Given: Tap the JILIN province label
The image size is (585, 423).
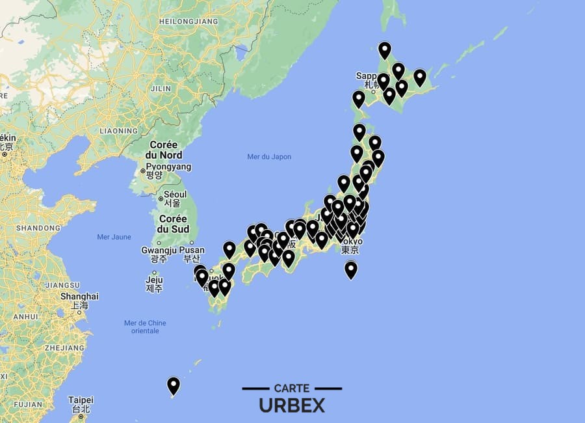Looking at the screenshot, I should pyautogui.click(x=161, y=89).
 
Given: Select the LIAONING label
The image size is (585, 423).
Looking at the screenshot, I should pyautogui.click(x=119, y=131).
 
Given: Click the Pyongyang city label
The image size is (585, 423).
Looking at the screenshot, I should pyautogui.click(x=168, y=167).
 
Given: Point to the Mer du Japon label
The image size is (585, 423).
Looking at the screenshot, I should pyautogui.click(x=269, y=157).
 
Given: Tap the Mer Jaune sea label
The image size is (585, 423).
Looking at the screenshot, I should pyautogui.click(x=114, y=237).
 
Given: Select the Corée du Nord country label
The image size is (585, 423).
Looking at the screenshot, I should pyautogui.click(x=165, y=150).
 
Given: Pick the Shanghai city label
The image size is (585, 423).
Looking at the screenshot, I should pyautogui.click(x=79, y=296).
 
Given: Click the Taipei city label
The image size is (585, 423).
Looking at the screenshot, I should pyautogui.click(x=81, y=400).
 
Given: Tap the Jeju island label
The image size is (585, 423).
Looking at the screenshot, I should pyautogui.click(x=153, y=280).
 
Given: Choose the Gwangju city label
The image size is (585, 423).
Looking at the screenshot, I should pyautogui.click(x=159, y=251).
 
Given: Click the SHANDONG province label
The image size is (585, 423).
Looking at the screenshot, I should pyautogui.click(x=38, y=228).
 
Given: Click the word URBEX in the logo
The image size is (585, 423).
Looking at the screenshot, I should pyautogui.click(x=292, y=405).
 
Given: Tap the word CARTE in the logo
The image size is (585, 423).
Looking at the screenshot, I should pyautogui.click(x=292, y=388).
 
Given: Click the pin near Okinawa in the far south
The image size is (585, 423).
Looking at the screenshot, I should pyautogui.click(x=174, y=385).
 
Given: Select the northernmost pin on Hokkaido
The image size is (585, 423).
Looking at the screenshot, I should pyautogui.click(x=385, y=49).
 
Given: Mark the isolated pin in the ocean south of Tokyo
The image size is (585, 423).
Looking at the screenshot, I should pyautogui.click(x=351, y=269).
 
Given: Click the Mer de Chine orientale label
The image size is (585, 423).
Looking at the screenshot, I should pyautogui.click(x=145, y=327).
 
